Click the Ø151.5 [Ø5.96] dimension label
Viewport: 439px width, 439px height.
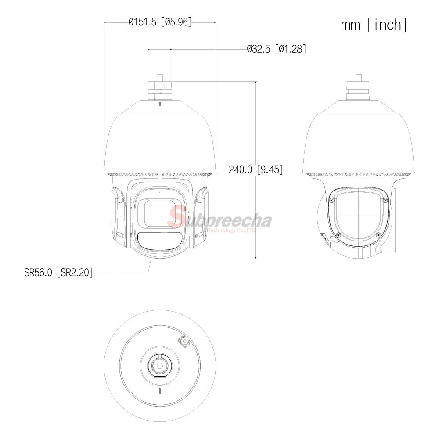(x=160, y=22)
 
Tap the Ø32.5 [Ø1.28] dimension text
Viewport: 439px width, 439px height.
(x=276, y=49)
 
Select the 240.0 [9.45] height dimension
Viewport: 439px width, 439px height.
(x=255, y=169)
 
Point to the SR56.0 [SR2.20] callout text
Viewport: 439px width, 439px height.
(x=58, y=273)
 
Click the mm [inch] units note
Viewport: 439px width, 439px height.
(x=374, y=25)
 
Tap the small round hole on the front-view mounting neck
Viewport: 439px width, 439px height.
(x=160, y=91)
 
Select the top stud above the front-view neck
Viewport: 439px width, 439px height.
(x=160, y=78)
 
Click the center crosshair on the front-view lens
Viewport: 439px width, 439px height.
(x=160, y=217)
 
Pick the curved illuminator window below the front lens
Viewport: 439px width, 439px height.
(x=159, y=241)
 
